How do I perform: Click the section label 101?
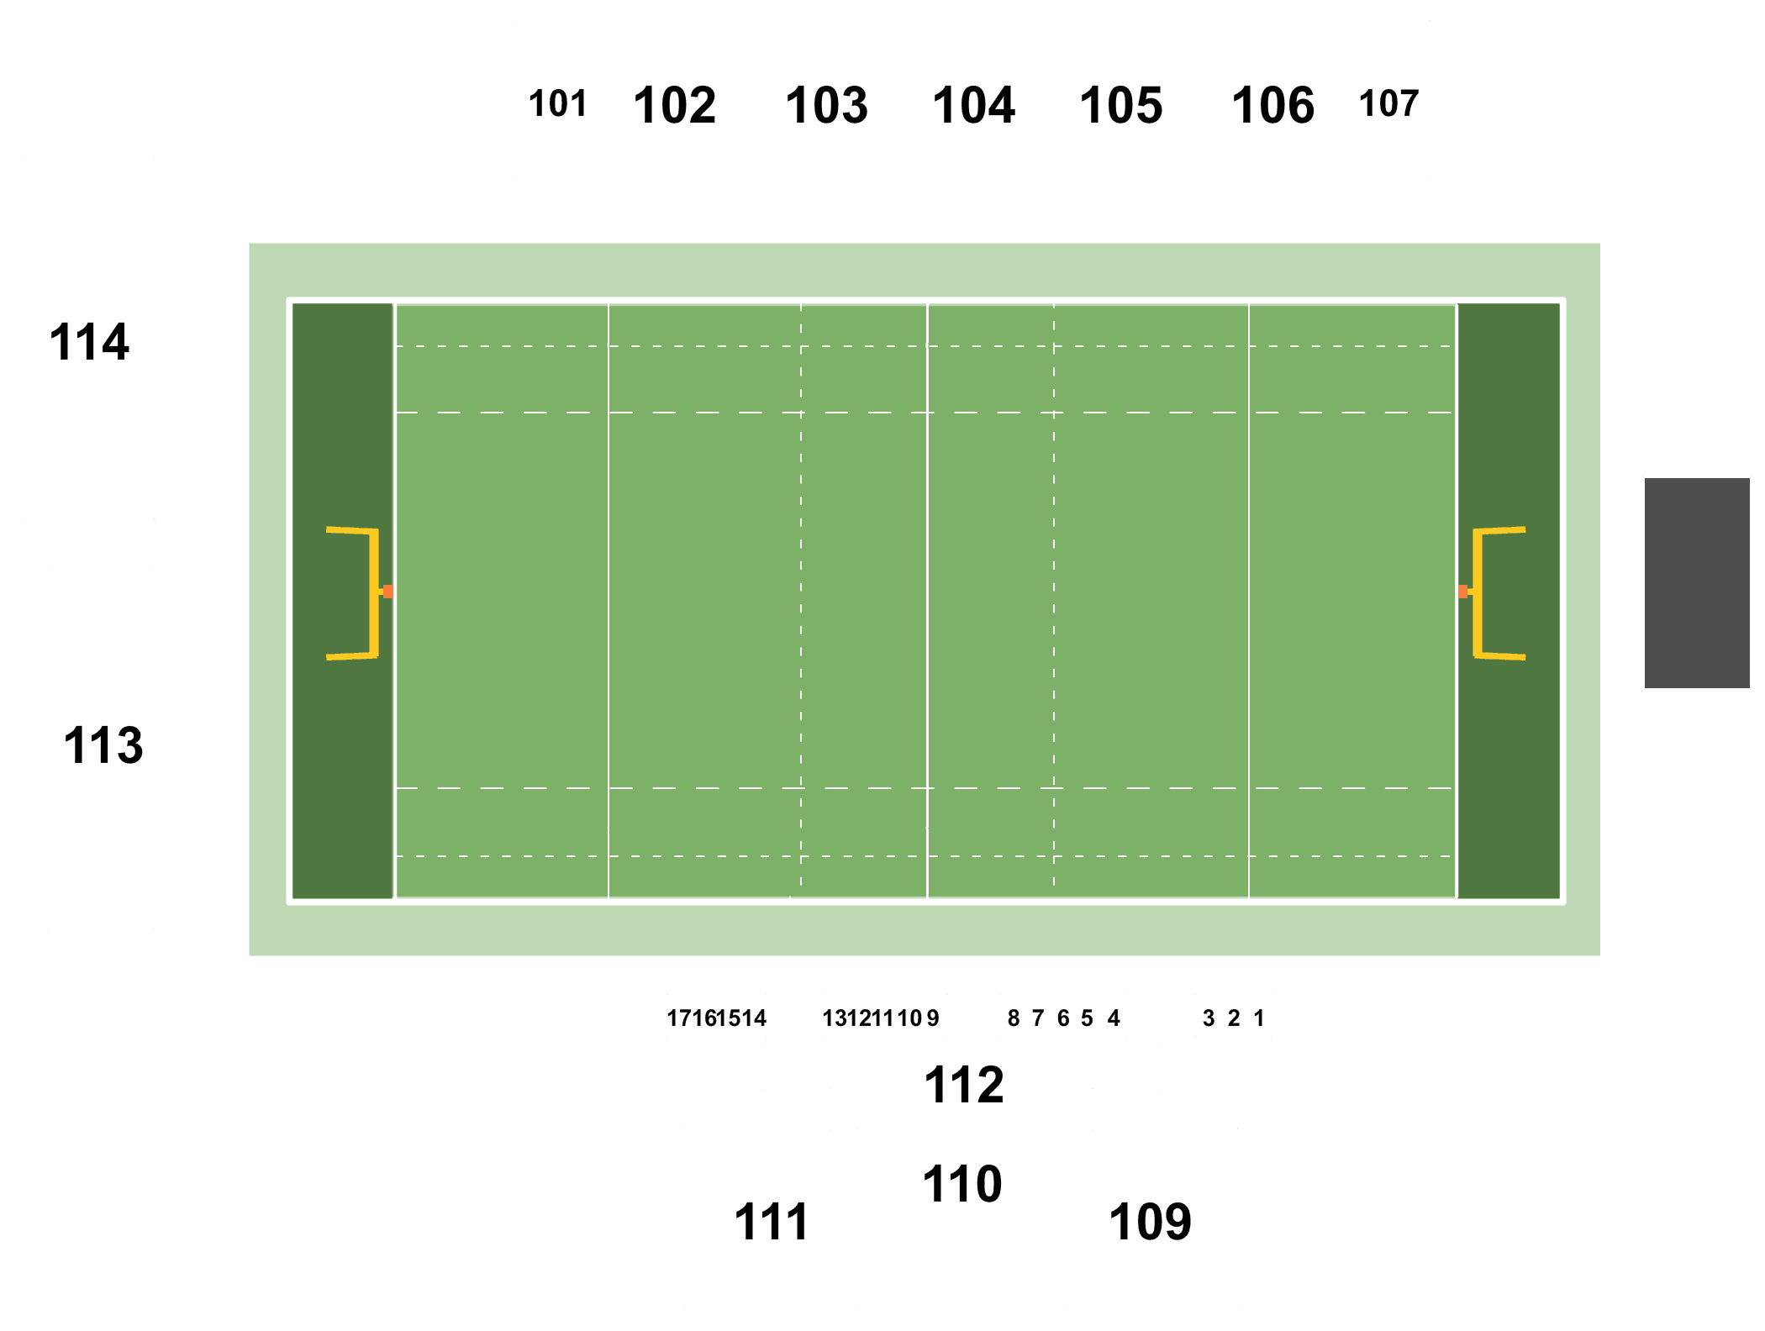557,104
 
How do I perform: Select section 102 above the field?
675,106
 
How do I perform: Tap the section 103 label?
827,106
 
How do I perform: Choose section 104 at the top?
974,106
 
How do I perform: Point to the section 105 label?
1121,106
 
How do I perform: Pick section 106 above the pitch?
1273,106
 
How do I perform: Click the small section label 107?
1388,104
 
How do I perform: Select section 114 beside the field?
89,342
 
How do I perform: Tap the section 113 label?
103,745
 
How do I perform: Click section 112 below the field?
964,1085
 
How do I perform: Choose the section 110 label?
962,1184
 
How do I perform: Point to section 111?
772,1222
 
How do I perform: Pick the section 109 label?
1151,1222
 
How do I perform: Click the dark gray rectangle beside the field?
1697,583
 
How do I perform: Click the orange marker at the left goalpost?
388,592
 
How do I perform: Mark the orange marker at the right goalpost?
1463,592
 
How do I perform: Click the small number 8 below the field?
1014,1018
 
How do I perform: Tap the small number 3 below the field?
1209,1018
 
